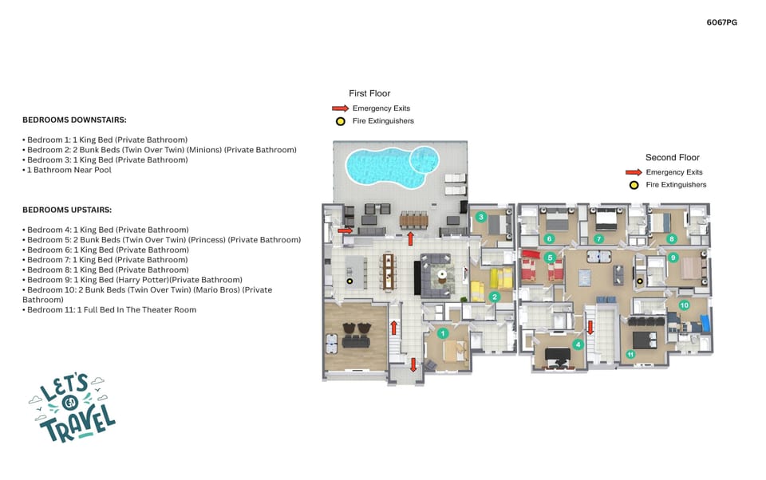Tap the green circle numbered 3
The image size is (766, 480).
click(480, 217)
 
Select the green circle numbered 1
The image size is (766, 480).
click(442, 332)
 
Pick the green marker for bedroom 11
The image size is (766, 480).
click(630, 354)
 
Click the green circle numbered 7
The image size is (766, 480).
click(598, 238)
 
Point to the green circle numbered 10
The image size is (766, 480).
click(684, 305)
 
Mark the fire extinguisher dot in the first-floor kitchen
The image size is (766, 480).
click(349, 281)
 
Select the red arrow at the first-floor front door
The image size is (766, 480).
click(413, 364)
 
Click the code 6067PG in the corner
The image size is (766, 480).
click(721, 22)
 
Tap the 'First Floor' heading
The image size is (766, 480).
click(369, 93)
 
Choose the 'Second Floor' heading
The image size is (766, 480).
click(672, 157)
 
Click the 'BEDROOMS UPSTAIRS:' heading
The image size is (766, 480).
click(67, 210)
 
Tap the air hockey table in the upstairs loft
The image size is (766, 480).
click(584, 277)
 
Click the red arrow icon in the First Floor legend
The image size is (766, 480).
click(341, 108)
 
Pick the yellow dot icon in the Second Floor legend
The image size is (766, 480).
click(634, 185)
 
